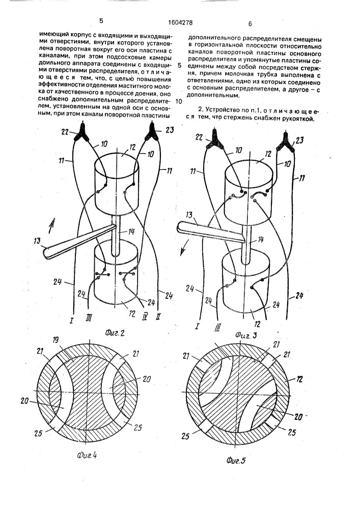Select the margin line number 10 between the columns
(x=178, y=101)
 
